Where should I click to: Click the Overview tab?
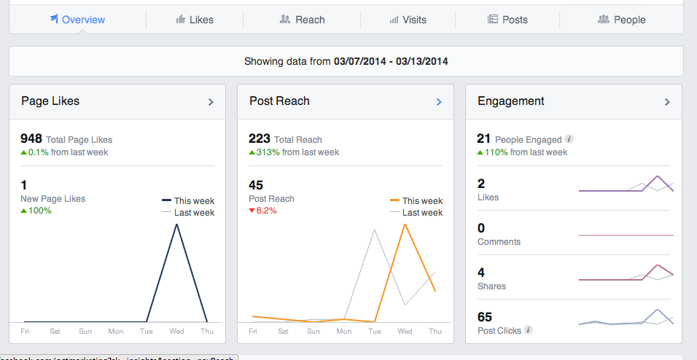77,20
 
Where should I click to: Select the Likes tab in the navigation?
195,20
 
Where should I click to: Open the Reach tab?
303,20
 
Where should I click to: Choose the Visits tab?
408,20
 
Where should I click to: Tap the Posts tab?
507,20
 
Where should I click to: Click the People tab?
622,20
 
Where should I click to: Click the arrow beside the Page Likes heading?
211,102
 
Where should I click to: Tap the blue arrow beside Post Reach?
439,102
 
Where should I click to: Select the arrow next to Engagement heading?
667,102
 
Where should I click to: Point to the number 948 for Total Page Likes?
31,138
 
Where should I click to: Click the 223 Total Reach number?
260,138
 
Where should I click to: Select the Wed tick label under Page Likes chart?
177,331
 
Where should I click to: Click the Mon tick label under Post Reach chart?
344,331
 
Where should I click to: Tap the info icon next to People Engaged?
569,139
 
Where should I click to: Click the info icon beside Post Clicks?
529,330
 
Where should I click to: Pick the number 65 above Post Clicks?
485,317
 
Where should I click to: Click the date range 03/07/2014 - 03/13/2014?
391,61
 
